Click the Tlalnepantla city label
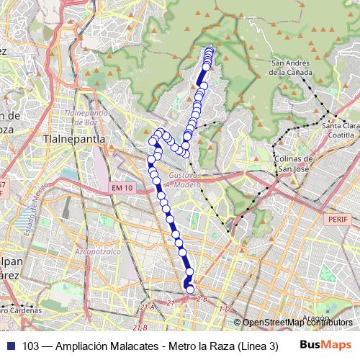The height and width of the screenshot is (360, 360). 75,138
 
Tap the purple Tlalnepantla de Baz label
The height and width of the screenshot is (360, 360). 86,117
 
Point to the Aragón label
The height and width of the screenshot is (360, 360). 318,317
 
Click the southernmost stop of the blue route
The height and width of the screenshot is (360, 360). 191,289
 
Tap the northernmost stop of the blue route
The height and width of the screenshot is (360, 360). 210,50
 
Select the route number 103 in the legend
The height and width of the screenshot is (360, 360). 31,345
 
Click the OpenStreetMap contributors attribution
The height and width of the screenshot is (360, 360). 294,323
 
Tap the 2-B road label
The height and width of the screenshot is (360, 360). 202,298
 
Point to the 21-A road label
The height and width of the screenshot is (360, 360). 148,307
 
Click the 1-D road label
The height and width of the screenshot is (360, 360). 224,309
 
